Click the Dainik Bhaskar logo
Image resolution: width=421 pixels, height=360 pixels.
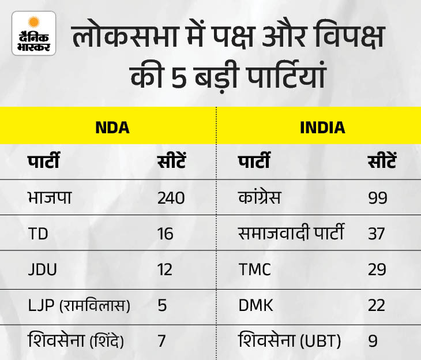pyautogui.click(x=34, y=33)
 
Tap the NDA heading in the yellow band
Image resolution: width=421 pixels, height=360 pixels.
pyautogui.click(x=112, y=127)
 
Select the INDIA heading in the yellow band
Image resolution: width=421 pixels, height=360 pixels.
pyautogui.click(x=322, y=127)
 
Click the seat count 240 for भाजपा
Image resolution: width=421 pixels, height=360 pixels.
pyautogui.click(x=171, y=198)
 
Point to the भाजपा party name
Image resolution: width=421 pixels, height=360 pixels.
pyautogui.click(x=50, y=198)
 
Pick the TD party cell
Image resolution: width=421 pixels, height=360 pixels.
pyautogui.click(x=38, y=234)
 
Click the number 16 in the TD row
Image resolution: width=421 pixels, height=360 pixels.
pyautogui.click(x=165, y=234)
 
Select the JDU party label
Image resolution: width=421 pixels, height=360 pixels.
pyautogui.click(x=43, y=269)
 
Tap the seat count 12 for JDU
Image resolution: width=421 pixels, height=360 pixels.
pyautogui.click(x=165, y=269)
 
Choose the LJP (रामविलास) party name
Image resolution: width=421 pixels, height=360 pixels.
pyautogui.click(x=79, y=305)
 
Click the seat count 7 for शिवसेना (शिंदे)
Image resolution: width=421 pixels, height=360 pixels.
pyautogui.click(x=161, y=341)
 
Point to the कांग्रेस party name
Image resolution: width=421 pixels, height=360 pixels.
pyautogui.click(x=260, y=197)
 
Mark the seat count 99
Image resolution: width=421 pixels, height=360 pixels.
pyautogui.click(x=378, y=198)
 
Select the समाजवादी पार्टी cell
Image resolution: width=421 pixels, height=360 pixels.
pyautogui.click(x=291, y=232)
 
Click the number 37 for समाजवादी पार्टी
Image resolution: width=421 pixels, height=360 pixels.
pyautogui.click(x=377, y=234)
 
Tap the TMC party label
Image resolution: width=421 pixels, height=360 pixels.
pyautogui.click(x=254, y=269)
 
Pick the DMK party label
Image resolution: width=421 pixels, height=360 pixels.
pyautogui.click(x=255, y=305)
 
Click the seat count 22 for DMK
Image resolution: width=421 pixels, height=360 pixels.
pyautogui.click(x=377, y=305)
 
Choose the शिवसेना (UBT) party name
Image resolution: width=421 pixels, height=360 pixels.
pyautogui.click(x=290, y=340)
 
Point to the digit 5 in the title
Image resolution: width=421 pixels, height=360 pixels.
pyautogui.click(x=179, y=77)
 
